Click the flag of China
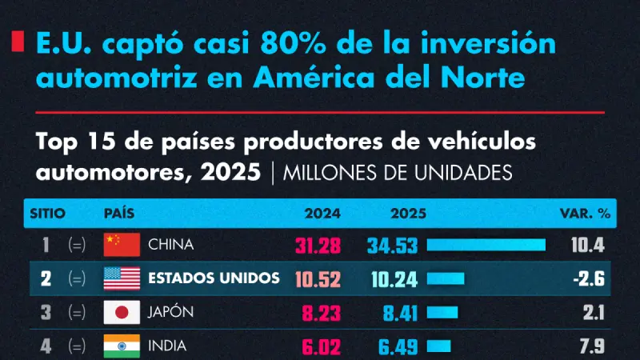coord(122,245)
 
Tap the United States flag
coord(122,278)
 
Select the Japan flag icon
coord(122,312)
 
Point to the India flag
coord(122,346)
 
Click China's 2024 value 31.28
coord(318,246)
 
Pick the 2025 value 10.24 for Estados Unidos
coord(394,279)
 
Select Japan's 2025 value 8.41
coord(401,314)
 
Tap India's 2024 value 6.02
coord(322,347)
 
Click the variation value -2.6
coord(589,278)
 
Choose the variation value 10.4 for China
coord(588,245)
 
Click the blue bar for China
coord(486,245)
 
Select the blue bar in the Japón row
coord(442,313)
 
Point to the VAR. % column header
coord(585,214)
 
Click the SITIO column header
coord(48,214)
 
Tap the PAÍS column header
coord(119,213)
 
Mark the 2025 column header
coord(408,214)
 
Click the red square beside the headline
coord(18,42)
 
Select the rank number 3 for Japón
coord(46,313)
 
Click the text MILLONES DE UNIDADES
coord(398,173)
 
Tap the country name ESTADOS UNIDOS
coord(214,278)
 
